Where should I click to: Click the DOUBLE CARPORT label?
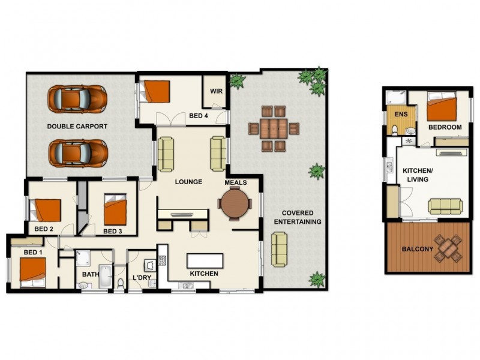[x=77, y=127]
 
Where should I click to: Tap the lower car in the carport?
[x=77, y=153]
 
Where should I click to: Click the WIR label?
[x=216, y=92]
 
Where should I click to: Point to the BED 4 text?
[x=199, y=116]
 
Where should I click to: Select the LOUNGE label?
[x=188, y=182]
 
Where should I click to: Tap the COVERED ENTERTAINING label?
[x=298, y=217]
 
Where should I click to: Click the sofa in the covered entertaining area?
[x=279, y=249]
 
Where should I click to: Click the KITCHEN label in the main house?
[x=203, y=274]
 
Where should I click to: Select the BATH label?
[x=89, y=275]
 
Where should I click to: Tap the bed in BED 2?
[x=47, y=210]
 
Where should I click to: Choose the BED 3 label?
[x=112, y=231]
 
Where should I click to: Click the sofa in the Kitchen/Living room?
[x=445, y=206]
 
